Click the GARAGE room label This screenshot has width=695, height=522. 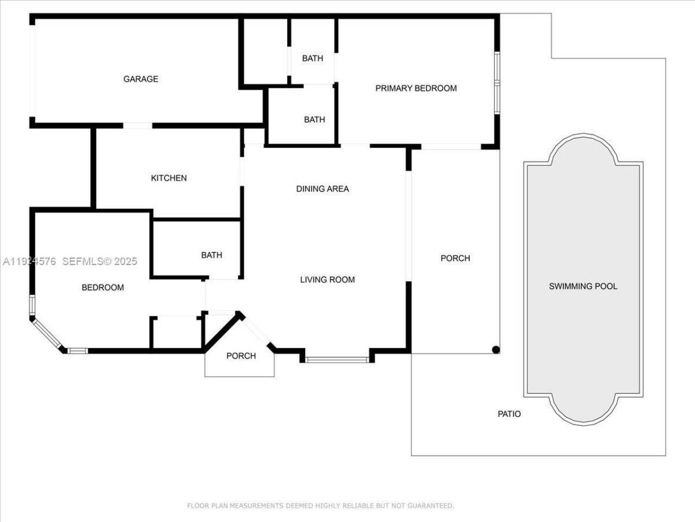[141, 79]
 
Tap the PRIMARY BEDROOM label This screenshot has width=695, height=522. [416, 88]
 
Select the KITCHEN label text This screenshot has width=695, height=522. [169, 178]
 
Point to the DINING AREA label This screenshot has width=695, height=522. [323, 189]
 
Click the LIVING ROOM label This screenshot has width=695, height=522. [327, 279]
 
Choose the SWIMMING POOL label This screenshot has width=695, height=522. [583, 286]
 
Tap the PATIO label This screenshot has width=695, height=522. [509, 414]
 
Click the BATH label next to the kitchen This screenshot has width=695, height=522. [212, 254]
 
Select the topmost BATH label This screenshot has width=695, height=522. [312, 58]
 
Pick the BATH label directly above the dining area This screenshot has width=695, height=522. [314, 119]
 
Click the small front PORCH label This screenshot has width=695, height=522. [241, 356]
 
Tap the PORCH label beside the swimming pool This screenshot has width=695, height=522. [455, 258]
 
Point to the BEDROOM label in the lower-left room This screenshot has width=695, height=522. [103, 287]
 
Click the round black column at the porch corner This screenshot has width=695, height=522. [495, 350]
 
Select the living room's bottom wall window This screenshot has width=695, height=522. [337, 359]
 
